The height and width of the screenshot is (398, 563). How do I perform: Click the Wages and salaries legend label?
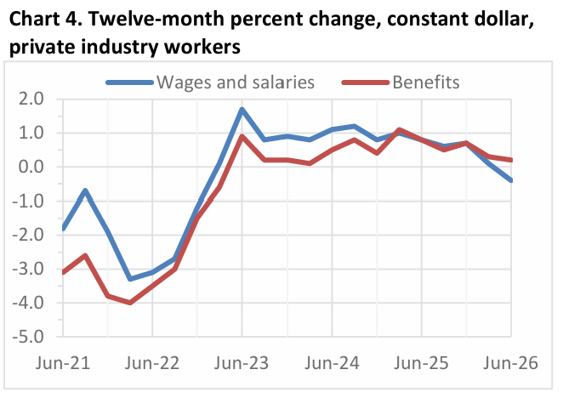tap(236, 82)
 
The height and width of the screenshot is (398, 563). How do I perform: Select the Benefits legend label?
tap(426, 82)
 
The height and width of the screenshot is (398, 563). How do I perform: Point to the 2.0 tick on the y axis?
tap(31, 99)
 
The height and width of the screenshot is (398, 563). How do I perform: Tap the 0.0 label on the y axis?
tap(31, 167)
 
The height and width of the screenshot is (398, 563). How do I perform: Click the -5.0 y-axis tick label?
tap(28, 337)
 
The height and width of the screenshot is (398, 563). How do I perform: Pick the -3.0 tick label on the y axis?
tap(28, 269)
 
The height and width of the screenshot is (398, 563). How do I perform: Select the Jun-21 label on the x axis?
tap(63, 363)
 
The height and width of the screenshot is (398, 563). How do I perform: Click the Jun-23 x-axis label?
tap(242, 363)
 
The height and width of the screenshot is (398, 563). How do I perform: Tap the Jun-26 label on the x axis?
tap(510, 363)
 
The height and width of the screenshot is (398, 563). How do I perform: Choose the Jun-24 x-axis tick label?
tap(332, 363)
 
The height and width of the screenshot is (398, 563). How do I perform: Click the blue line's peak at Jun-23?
tap(242, 109)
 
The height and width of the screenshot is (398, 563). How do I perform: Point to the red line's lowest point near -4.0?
tap(130, 303)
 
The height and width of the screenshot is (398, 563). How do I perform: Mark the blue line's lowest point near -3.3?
tap(130, 279)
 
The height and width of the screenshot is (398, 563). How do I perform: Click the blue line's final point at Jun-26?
tap(511, 180)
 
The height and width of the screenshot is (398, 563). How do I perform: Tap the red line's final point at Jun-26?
tap(511, 160)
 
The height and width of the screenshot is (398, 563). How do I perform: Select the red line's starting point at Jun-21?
tap(63, 272)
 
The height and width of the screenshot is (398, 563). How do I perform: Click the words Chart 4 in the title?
tap(44, 19)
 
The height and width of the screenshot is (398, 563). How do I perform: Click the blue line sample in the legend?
tap(130, 82)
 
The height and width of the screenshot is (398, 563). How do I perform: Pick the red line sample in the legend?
tap(366, 82)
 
